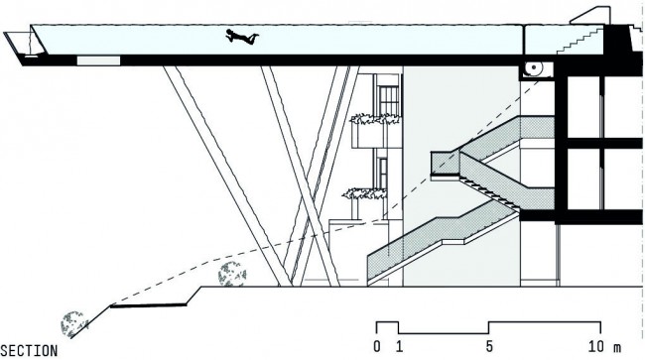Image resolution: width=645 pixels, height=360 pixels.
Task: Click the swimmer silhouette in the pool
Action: [242, 37]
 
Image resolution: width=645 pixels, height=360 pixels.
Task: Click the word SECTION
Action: [29, 351]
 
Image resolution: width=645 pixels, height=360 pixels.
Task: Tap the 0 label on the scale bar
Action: [377, 347]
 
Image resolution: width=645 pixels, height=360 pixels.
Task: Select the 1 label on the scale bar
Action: [400, 347]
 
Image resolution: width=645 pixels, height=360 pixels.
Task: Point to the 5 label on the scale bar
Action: [489, 347]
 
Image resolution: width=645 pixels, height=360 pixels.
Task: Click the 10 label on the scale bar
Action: [596, 347]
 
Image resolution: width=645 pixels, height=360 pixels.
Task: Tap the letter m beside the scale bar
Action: [617, 348]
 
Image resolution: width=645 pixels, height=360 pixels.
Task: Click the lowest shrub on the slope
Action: [74, 324]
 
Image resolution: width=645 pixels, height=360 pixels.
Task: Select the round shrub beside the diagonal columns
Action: [232, 274]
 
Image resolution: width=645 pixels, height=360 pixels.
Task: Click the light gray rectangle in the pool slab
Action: [98, 60]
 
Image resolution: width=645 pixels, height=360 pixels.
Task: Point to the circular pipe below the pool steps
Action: [534, 67]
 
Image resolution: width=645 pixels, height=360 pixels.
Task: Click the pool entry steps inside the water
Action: [580, 40]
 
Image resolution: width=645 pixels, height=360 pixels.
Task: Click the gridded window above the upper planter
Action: [388, 100]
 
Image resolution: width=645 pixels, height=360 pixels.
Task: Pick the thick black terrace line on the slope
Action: [149, 305]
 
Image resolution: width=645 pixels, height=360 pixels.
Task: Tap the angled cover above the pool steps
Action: [589, 16]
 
